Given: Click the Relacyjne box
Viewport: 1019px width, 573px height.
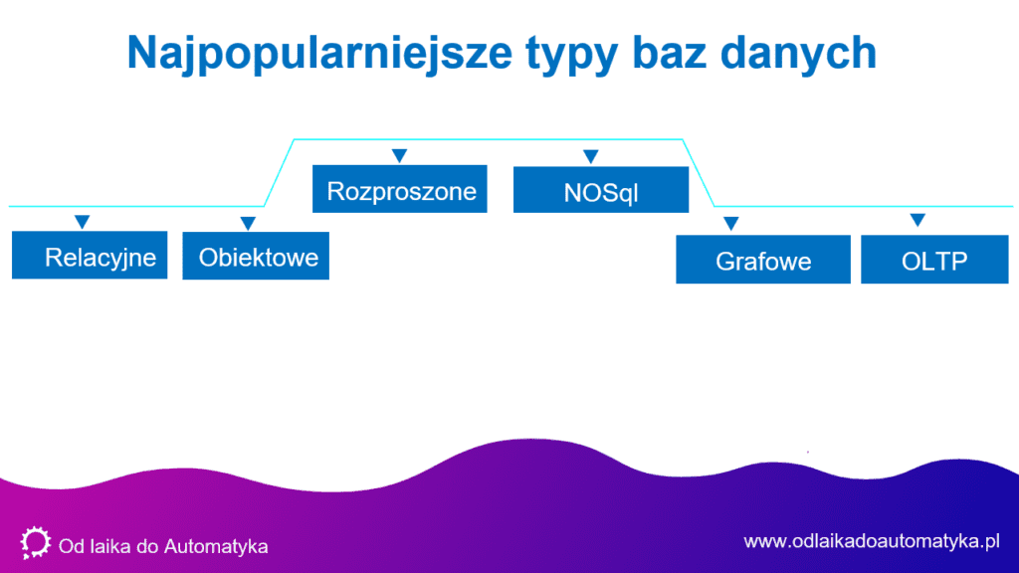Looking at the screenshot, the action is click(x=90, y=255).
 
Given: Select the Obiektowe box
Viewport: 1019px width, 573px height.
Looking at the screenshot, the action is click(x=256, y=256).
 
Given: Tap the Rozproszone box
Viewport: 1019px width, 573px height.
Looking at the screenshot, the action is click(x=400, y=188).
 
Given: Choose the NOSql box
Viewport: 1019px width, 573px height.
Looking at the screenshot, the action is click(x=601, y=189).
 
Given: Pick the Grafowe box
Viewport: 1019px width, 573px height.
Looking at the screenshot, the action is click(x=763, y=260).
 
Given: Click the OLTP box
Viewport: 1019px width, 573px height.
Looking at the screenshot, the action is click(x=934, y=260).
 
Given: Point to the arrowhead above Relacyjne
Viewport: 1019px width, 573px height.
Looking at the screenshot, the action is click(x=82, y=222).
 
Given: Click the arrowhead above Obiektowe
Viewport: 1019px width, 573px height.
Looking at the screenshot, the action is click(x=248, y=224).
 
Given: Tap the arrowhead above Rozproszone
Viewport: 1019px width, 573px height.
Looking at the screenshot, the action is click(x=400, y=156).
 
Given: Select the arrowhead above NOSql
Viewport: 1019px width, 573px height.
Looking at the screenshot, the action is click(x=591, y=156).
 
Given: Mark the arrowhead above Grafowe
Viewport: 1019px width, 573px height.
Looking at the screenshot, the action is click(x=731, y=224).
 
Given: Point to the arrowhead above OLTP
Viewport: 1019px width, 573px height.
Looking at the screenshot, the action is click(x=917, y=220).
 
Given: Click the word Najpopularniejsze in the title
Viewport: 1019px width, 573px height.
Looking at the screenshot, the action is click(x=319, y=54).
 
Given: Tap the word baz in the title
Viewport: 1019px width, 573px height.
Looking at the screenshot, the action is click(x=670, y=52).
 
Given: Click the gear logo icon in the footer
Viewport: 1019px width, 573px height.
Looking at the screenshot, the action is click(x=35, y=542).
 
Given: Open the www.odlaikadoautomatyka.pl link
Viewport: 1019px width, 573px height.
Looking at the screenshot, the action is click(x=872, y=541).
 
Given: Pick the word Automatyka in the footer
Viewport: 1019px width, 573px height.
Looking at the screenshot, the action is click(x=216, y=546).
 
